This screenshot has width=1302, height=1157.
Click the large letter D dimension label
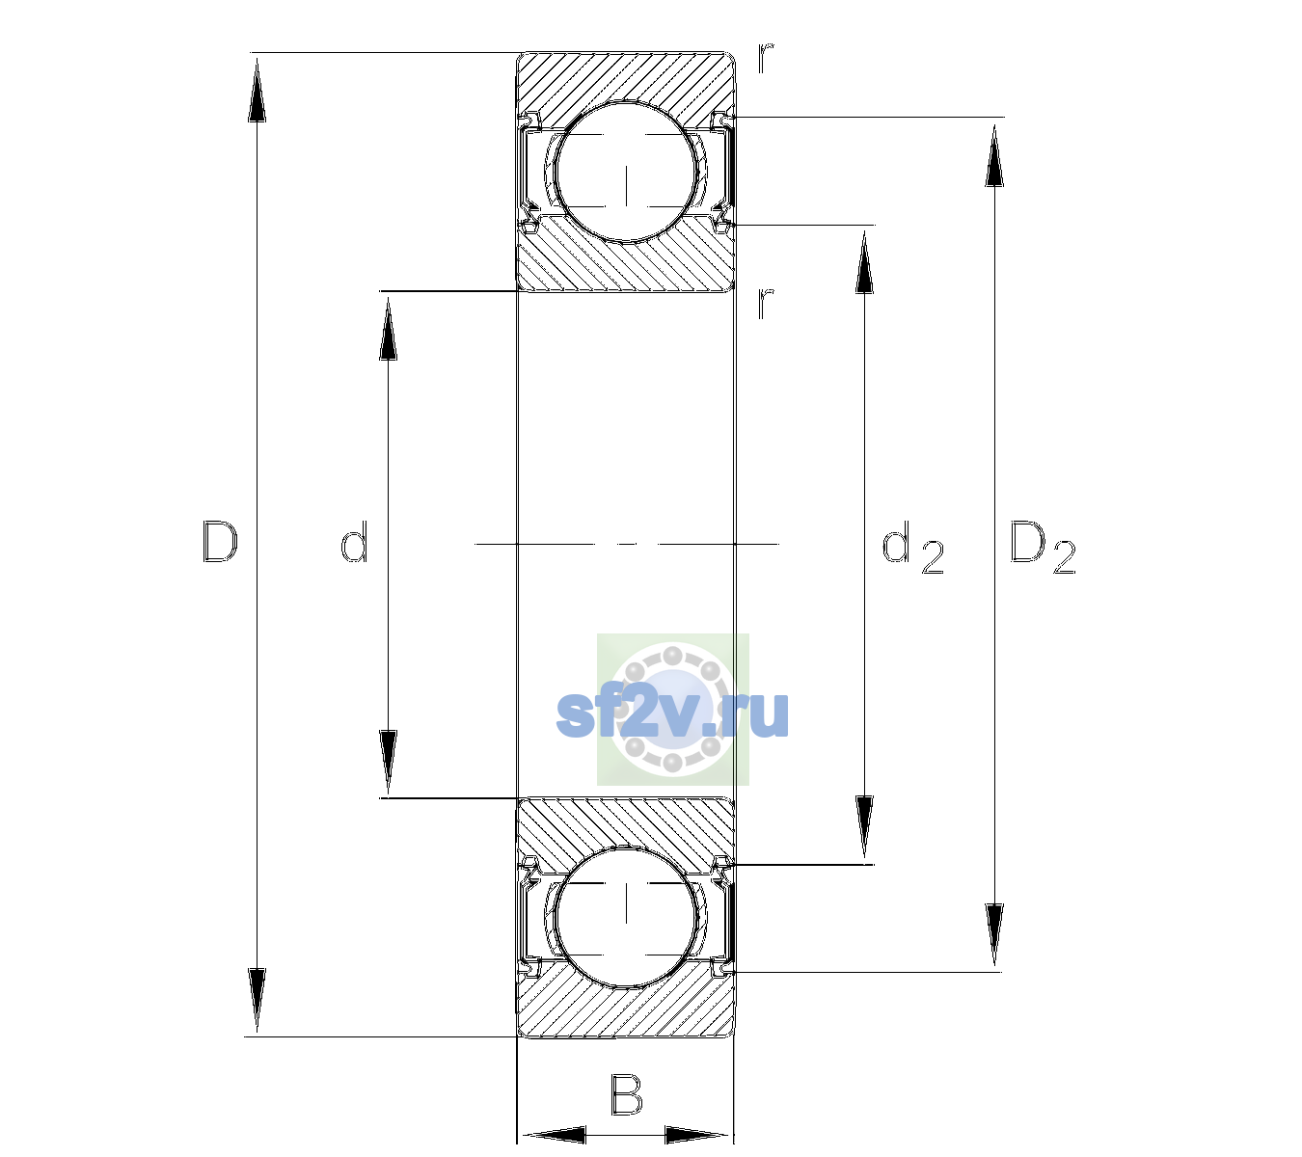tap(220, 542)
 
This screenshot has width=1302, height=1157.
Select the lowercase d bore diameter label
tap(354, 542)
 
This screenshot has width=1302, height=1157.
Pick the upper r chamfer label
tap(766, 58)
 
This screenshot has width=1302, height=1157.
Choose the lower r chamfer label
tap(766, 303)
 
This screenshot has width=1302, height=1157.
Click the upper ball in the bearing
tap(626, 172)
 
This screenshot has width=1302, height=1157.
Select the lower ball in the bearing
tap(626, 916)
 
